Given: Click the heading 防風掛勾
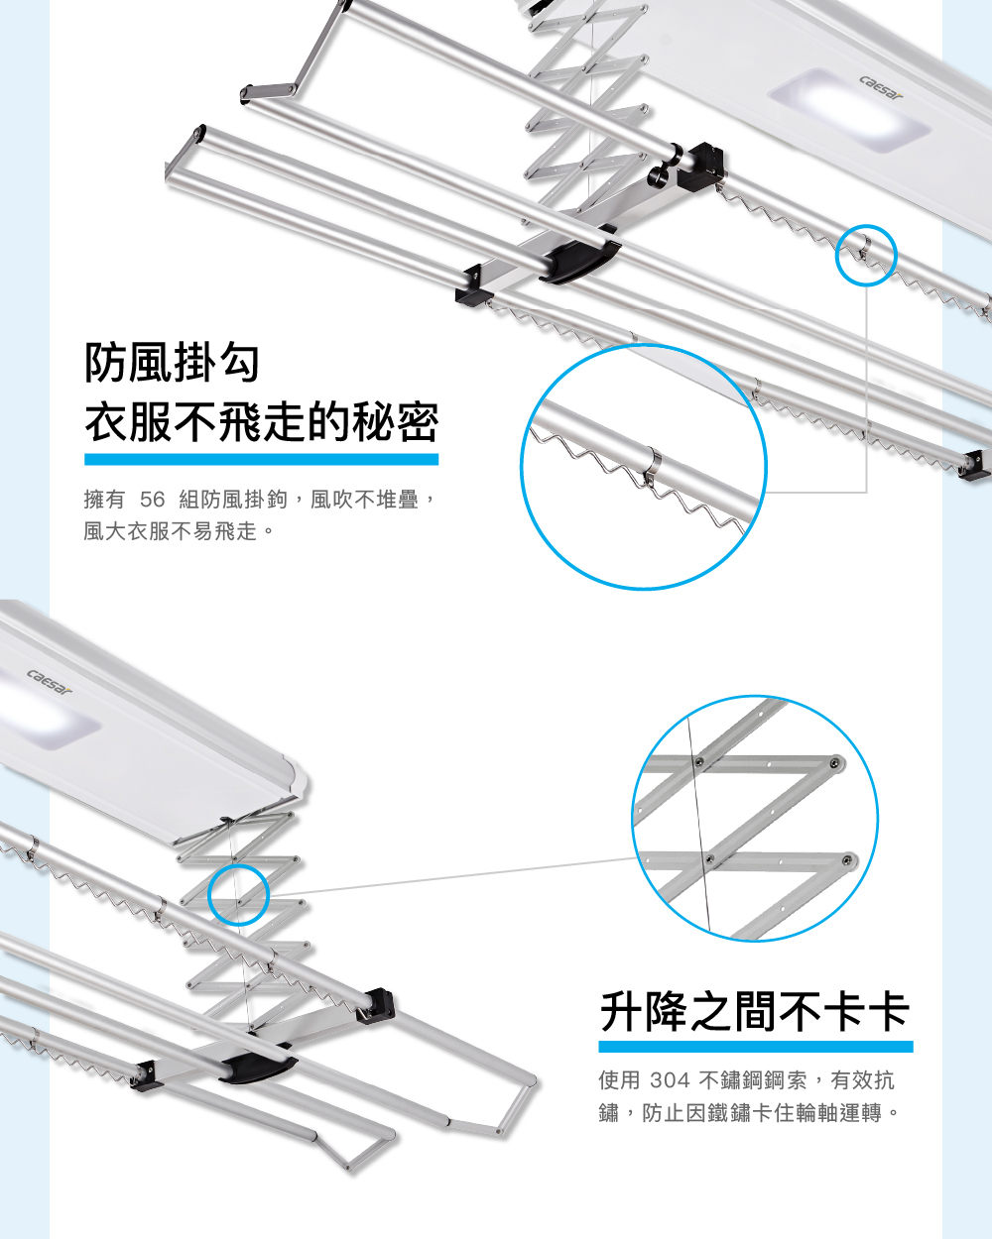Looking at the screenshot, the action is (x=172, y=363).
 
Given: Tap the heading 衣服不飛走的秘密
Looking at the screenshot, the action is (x=262, y=423).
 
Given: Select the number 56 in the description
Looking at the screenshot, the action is (x=153, y=500).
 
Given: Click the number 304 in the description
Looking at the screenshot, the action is (x=670, y=1080).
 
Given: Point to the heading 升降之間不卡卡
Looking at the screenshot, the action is (x=755, y=1012).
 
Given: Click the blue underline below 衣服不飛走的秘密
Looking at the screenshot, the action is (x=261, y=460).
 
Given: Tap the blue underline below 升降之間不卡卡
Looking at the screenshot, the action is (x=756, y=1047).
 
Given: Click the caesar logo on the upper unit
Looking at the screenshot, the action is (x=881, y=88).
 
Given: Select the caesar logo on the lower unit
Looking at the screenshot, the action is (x=50, y=682).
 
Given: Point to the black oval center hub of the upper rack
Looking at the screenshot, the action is (x=581, y=259).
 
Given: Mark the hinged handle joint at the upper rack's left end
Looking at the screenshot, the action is (x=269, y=91).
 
